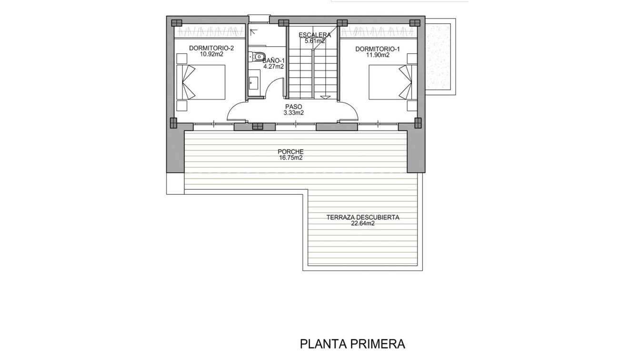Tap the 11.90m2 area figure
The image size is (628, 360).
coord(378,55)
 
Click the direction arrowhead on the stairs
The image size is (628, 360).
coord(325,97)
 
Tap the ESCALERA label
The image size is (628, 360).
coord(314,35)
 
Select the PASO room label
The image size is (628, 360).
coord(294,107)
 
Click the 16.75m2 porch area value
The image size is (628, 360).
coord(290,158)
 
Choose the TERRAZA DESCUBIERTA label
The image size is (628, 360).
coord(362,217)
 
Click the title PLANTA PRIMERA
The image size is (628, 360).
coord(352,344)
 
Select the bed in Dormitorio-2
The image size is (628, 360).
coord(200,82)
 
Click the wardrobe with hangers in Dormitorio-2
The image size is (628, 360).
coord(209,32)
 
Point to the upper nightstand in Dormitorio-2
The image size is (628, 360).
coord(182,59)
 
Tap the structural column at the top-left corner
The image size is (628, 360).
coord(177,22)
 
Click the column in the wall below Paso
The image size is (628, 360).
coord(257,126)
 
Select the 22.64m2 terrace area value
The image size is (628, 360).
coord(362,223)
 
